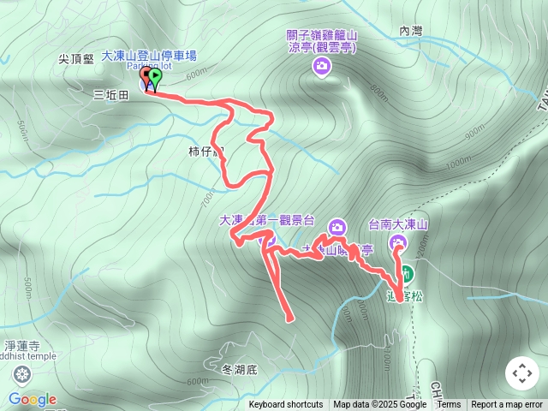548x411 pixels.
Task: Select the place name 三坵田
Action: tap(110, 96)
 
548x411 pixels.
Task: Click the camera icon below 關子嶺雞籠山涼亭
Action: tap(322, 66)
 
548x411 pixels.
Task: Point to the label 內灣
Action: tap(411, 31)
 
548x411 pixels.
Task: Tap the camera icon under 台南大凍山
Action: tap(398, 242)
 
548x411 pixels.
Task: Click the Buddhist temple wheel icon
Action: tap(21, 374)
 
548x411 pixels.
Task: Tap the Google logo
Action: tap(32, 399)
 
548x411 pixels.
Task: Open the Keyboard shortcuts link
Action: tap(286, 405)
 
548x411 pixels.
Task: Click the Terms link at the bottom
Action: tap(449, 405)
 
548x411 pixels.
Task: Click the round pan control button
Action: tap(521, 373)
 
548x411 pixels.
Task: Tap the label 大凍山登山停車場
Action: tap(149, 56)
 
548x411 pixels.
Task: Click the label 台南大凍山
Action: tap(398, 225)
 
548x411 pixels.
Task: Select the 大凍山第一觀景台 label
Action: tap(268, 220)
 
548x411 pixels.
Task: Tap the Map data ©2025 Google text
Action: tap(379, 405)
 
